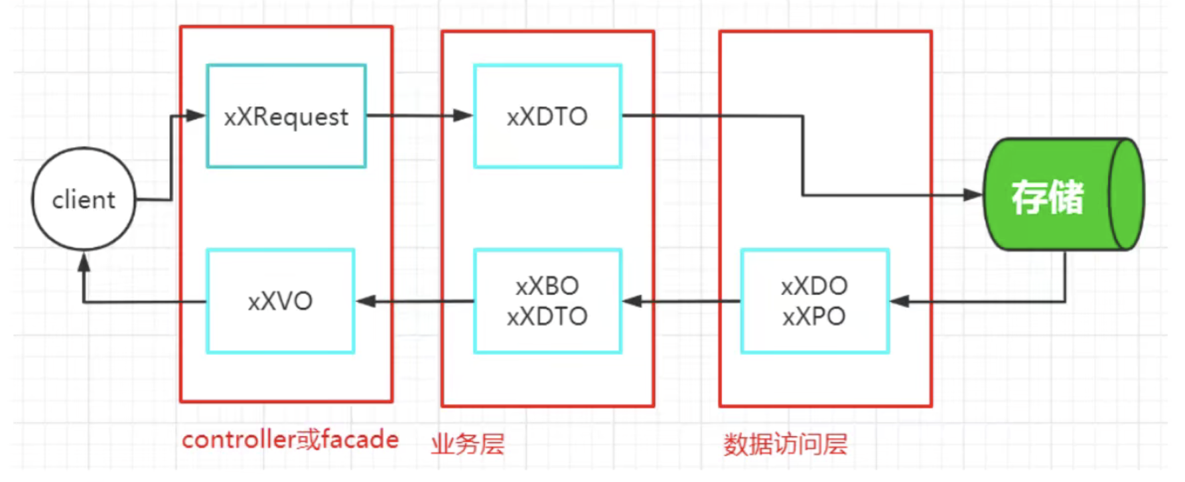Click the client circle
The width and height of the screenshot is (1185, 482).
[x=84, y=199]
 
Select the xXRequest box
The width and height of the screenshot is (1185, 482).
[x=286, y=116]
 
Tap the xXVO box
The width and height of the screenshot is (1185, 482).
[x=280, y=301]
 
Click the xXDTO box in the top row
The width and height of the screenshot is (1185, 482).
[x=547, y=116]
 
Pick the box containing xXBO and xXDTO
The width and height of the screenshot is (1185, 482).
[x=547, y=301]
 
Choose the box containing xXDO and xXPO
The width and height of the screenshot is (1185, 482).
[x=814, y=301]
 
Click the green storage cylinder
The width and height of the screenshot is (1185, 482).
[x=1062, y=195]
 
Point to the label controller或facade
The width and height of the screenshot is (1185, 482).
[x=290, y=440]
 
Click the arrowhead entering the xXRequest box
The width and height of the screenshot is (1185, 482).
[x=196, y=116]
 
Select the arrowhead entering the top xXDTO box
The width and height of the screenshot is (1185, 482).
[x=463, y=116]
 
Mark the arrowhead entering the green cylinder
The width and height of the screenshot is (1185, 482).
[x=973, y=195]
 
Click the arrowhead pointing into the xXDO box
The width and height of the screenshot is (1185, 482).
[x=900, y=301]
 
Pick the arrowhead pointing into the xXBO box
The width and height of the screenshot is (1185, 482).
[x=632, y=301]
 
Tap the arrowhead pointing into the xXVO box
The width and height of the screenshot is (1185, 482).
[x=366, y=301]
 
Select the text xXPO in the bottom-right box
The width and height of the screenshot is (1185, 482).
[x=814, y=317]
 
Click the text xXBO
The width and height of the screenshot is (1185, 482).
[x=547, y=286]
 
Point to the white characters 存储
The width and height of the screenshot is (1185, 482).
[x=1047, y=197]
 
